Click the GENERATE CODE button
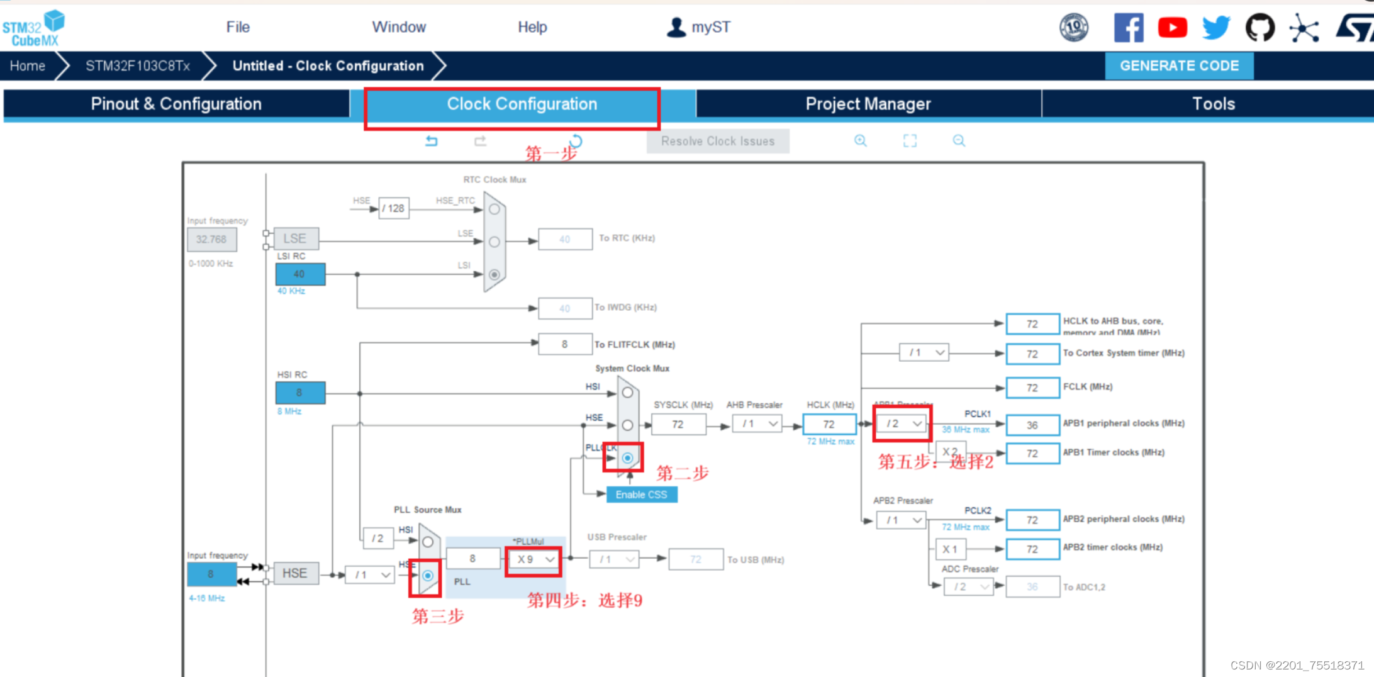pyautogui.click(x=1179, y=66)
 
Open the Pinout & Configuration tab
pyautogui.click(x=176, y=104)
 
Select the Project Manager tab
pyautogui.click(x=868, y=104)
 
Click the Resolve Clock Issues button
pyautogui.click(x=717, y=141)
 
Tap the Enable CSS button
pyautogui.click(x=641, y=495)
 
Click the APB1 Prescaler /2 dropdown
pyautogui.click(x=903, y=423)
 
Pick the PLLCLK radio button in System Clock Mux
pyautogui.click(x=627, y=458)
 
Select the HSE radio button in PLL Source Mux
pyautogui.click(x=428, y=575)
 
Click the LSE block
pyautogui.click(x=295, y=238)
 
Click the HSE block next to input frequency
pyautogui.click(x=295, y=573)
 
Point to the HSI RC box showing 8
pyautogui.click(x=300, y=393)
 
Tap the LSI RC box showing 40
pyautogui.click(x=300, y=274)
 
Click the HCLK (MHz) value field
pyautogui.click(x=829, y=424)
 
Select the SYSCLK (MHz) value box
pyautogui.click(x=678, y=424)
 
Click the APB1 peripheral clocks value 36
pyautogui.click(x=1032, y=425)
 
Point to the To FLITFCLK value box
pyautogui.click(x=564, y=344)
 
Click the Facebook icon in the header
pyautogui.click(x=1129, y=28)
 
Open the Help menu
pyautogui.click(x=532, y=27)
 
